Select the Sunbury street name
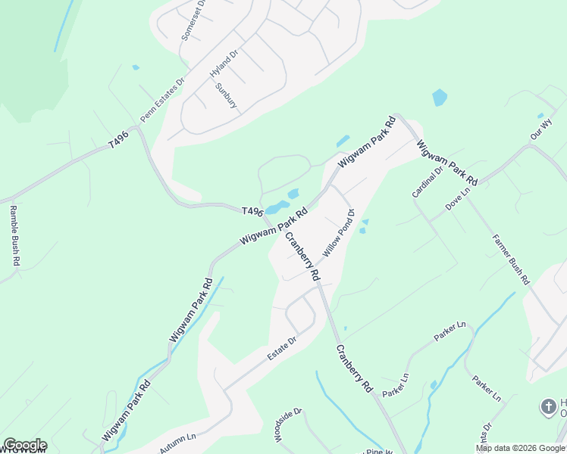[226, 95]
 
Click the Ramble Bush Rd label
[14, 235]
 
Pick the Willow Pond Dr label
[339, 232]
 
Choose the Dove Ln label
[458, 199]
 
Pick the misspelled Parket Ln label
[395, 385]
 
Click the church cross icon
[548, 407]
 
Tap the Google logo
[25, 445]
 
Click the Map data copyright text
[520, 448]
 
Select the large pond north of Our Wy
[439, 98]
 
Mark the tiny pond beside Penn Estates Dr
[136, 67]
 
